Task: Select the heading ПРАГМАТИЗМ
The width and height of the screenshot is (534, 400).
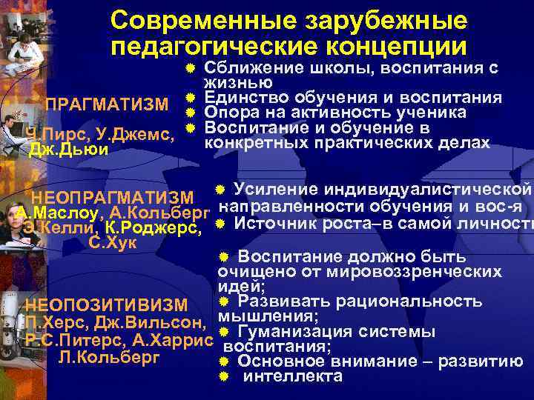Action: (107, 104)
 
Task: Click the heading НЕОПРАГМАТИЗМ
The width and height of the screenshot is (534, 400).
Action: (111, 197)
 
